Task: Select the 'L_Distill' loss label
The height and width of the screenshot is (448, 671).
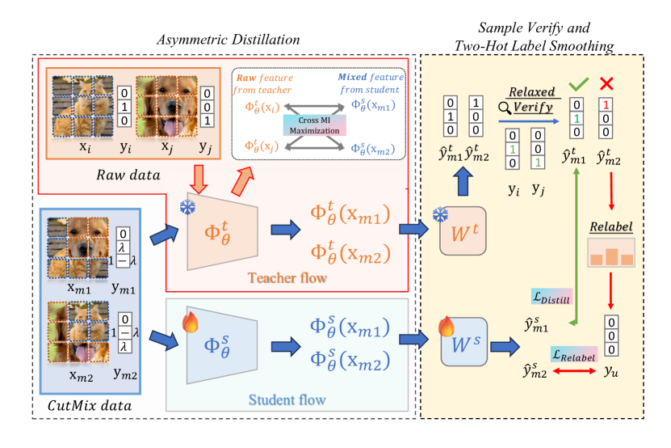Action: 548,299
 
